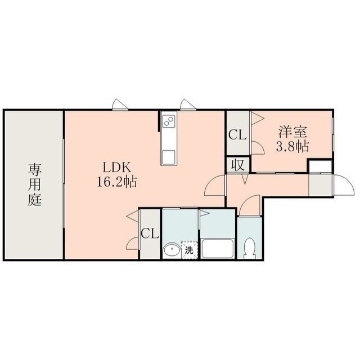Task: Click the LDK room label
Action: coord(116,168)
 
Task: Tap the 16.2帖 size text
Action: coord(117,182)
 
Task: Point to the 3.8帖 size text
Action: coord(292,146)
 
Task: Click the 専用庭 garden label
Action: coord(35,184)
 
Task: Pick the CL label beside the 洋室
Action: coord(237,135)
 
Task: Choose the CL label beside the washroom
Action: coord(150,234)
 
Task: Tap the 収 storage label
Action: coord(237,165)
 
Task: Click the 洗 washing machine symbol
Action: coord(190,250)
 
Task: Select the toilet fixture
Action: coord(249,249)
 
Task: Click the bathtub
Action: coord(218,249)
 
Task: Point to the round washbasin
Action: coord(172,250)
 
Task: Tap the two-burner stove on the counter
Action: coord(169,120)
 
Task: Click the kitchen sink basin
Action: coord(169,157)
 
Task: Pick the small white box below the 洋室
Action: coord(320,166)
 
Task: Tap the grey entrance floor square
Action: coord(321,185)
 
